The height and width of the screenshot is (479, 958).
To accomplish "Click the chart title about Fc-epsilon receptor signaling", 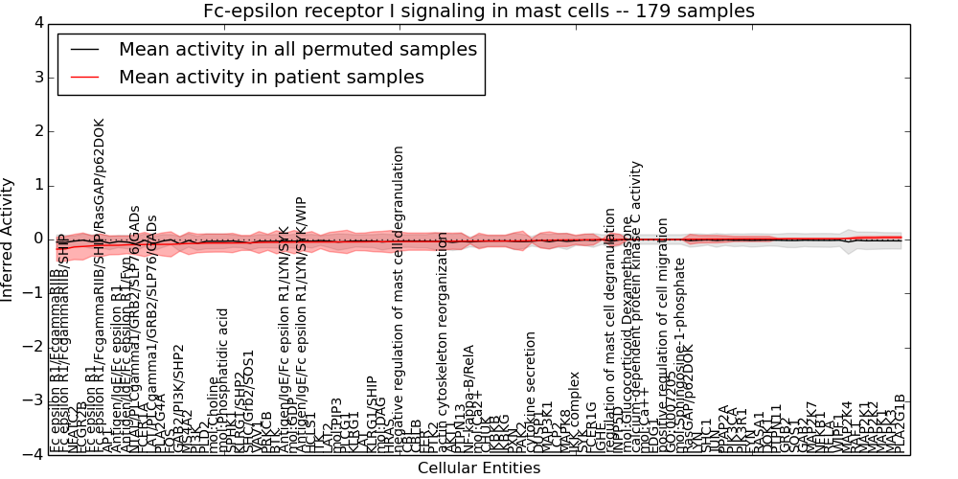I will [x=478, y=11].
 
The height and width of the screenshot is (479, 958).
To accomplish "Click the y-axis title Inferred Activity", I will [x=9, y=239].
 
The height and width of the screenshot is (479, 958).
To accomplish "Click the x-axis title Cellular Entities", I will [x=478, y=468].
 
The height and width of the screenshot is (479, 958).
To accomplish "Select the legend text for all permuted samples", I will [x=297, y=49].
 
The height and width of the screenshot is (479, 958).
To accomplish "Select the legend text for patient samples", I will [x=271, y=77].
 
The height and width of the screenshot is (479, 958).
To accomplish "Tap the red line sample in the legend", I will [x=84, y=77].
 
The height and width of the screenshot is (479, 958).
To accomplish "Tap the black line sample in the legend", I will [x=84, y=49].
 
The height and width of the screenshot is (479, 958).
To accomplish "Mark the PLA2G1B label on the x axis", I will [x=900, y=423].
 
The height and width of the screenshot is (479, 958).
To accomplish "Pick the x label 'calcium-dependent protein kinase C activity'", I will [x=637, y=307].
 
